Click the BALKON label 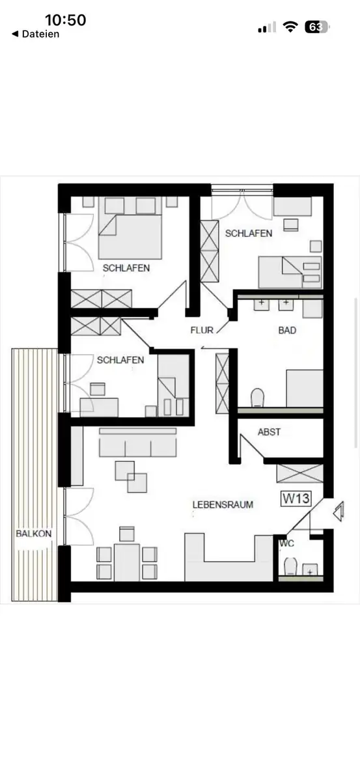(x=33, y=534)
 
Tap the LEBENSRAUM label (x=223, y=504)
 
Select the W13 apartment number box (x=296, y=499)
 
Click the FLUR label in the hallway (x=202, y=330)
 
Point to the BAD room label (x=287, y=330)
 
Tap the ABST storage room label (x=269, y=432)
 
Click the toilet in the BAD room (x=257, y=398)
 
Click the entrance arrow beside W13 (x=339, y=512)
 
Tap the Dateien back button (x=36, y=34)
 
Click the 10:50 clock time (x=66, y=20)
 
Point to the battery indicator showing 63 (x=317, y=27)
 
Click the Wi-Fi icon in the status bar (x=290, y=27)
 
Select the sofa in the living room (x=138, y=443)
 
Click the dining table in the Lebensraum (x=127, y=562)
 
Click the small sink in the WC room (x=310, y=569)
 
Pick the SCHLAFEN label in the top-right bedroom (x=249, y=233)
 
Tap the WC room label (x=286, y=543)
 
